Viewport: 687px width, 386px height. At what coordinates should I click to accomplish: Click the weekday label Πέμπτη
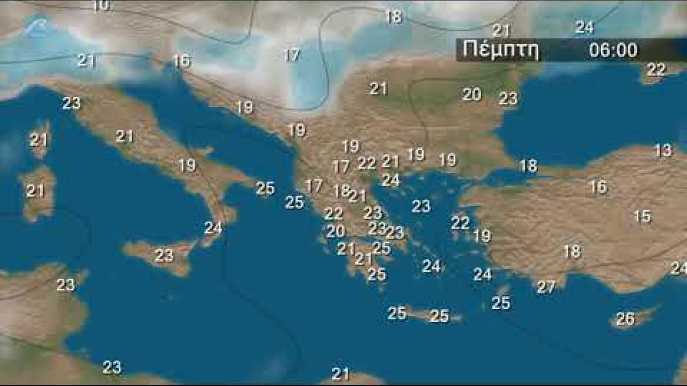(501, 50)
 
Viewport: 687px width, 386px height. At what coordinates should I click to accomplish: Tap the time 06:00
(613, 50)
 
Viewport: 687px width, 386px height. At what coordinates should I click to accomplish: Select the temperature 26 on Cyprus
(625, 319)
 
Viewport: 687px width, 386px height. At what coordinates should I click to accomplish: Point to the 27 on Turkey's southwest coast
(546, 287)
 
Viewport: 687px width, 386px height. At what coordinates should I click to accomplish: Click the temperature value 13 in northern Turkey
(663, 150)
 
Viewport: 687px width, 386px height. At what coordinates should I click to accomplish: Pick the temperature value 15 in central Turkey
(642, 216)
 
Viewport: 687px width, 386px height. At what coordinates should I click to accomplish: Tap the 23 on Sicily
(164, 255)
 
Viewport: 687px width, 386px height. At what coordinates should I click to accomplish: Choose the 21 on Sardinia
(35, 191)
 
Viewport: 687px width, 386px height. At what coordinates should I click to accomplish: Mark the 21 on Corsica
(39, 140)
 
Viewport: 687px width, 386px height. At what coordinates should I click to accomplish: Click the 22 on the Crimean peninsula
(656, 69)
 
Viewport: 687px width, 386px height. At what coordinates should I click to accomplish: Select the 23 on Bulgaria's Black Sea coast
(508, 98)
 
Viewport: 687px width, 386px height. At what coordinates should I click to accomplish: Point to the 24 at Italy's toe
(213, 227)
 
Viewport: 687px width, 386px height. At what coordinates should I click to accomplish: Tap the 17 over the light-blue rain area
(292, 56)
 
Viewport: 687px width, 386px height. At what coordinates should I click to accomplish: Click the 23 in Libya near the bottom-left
(112, 367)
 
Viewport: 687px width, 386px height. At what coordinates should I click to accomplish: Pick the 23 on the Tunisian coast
(66, 285)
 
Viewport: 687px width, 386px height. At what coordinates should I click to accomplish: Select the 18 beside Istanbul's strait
(528, 166)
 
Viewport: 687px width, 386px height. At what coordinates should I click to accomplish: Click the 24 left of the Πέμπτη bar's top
(584, 27)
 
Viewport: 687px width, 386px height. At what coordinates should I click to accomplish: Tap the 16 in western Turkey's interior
(598, 187)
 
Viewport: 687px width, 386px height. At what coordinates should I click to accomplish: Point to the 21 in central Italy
(124, 137)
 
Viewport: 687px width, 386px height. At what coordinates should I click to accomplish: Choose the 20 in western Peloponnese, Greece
(335, 231)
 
